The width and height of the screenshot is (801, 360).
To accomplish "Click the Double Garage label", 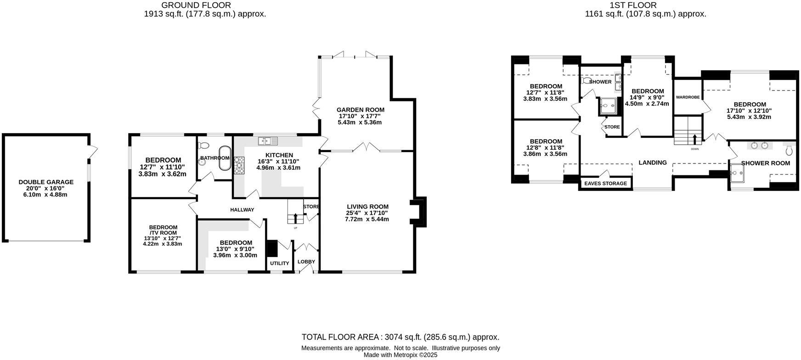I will click(x=46, y=182).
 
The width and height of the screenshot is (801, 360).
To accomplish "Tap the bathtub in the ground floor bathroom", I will click(x=225, y=158).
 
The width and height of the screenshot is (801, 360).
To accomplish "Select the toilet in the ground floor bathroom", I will click(x=204, y=146).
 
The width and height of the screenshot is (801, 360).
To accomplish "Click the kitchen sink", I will click(x=267, y=141).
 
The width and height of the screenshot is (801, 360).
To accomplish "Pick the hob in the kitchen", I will click(x=239, y=165).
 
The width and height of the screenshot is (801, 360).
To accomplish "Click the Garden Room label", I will click(x=360, y=110).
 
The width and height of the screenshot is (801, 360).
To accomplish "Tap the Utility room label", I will click(x=279, y=263).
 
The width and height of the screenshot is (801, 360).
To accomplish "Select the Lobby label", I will click(x=306, y=262).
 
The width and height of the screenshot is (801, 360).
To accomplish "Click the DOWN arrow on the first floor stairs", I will click(x=694, y=140).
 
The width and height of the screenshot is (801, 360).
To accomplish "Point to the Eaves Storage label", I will click(x=605, y=183).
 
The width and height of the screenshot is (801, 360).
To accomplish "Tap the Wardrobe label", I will click(x=688, y=97).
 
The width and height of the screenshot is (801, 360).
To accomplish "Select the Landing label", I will click(x=652, y=163).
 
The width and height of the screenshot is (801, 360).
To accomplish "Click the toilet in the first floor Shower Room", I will click(x=790, y=150).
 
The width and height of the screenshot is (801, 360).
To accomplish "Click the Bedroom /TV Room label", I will click(x=163, y=230).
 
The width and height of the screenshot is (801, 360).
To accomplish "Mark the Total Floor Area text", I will click(x=400, y=337).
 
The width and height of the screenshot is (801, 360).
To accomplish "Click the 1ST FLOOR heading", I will click(x=632, y=5).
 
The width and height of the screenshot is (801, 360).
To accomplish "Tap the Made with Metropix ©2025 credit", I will click(x=400, y=355).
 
